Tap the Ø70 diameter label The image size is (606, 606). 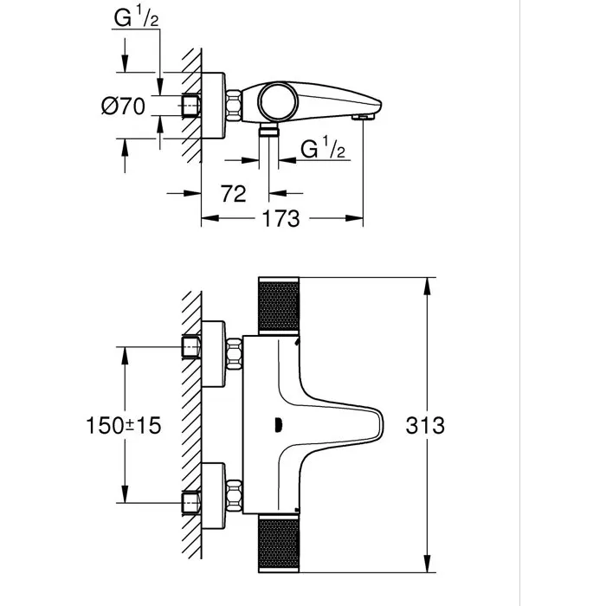tap(122, 107)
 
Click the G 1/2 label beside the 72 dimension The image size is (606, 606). tap(323, 150)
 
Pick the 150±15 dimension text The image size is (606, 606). tap(125, 425)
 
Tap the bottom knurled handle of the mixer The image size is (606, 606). tap(280, 545)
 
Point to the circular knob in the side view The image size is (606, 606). tap(279, 102)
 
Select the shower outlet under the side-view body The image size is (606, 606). tap(269, 132)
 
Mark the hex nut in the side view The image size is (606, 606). tap(233, 107)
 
